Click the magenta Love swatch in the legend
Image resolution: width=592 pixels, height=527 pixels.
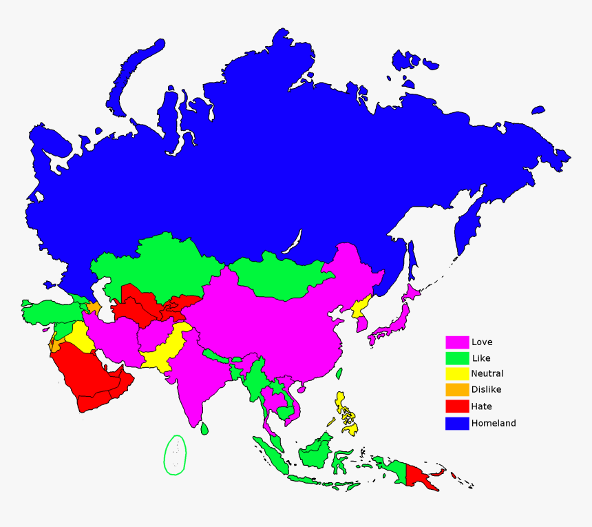(457, 342)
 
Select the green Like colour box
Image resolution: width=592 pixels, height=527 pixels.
(457, 358)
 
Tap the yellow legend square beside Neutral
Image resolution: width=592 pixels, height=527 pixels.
(457, 373)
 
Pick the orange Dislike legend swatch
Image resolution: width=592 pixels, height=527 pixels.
(457, 390)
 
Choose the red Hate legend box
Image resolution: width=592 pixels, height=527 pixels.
(457, 406)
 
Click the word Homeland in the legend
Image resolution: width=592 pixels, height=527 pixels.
(494, 423)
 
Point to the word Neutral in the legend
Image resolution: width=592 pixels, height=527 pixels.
(487, 373)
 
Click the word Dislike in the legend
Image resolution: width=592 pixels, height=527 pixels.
(487, 390)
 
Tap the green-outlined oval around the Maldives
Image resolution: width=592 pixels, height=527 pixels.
(176, 455)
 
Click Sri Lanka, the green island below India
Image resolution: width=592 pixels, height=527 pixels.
(204, 428)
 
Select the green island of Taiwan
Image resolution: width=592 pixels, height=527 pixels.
(339, 373)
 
